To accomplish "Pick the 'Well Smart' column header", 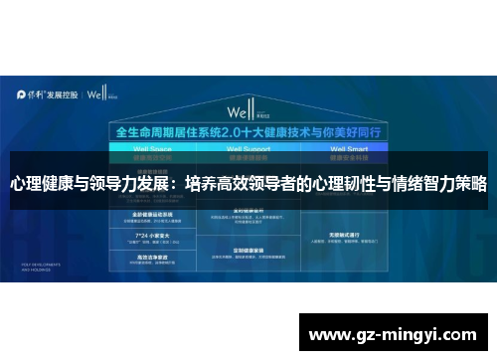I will tap(344, 148).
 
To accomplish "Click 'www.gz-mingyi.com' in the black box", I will tap(395, 333).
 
